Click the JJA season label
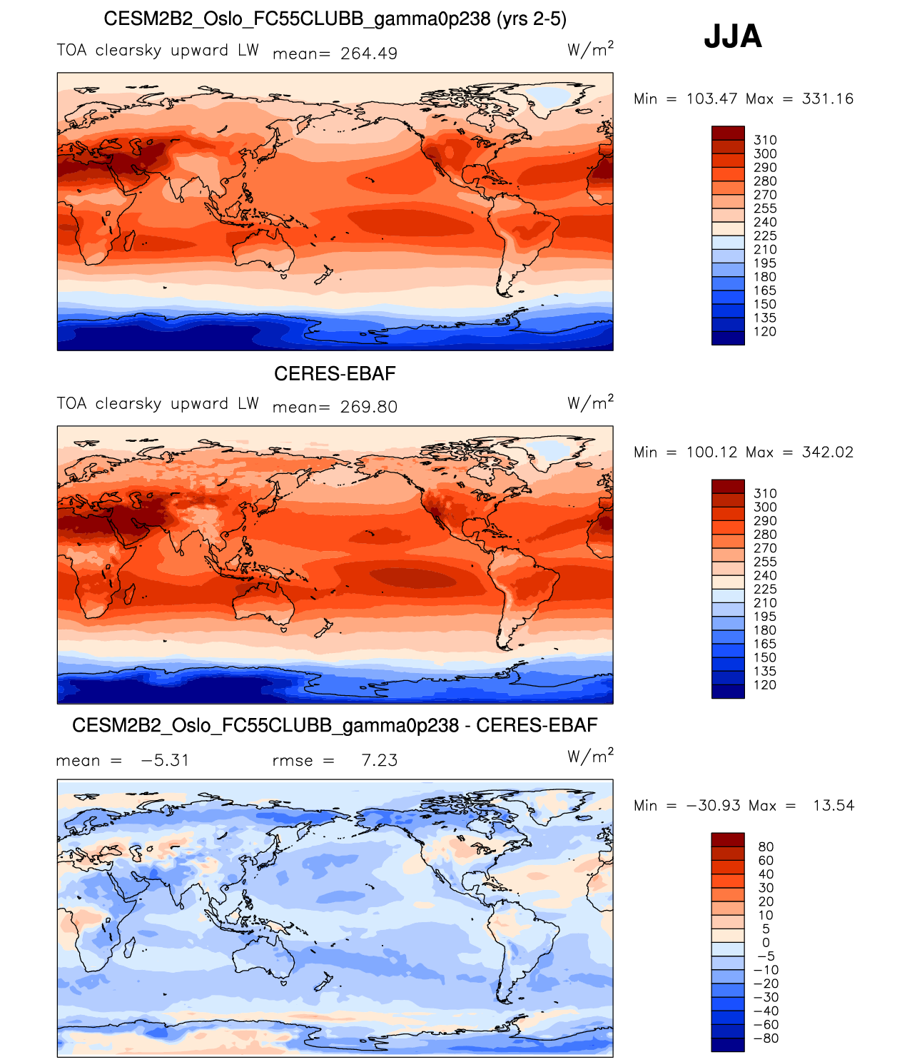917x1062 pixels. click(x=733, y=36)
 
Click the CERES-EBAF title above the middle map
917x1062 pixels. click(x=335, y=373)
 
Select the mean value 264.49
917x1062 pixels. click(x=369, y=54)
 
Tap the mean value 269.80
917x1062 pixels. click(x=369, y=407)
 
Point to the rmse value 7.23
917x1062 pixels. click(x=379, y=760)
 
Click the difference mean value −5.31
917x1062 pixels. click(x=165, y=760)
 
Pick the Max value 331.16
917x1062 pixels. click(x=828, y=98)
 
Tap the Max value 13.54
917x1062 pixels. click(x=834, y=805)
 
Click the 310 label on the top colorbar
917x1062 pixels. click(x=765, y=140)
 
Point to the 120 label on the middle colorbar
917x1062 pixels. click(x=765, y=685)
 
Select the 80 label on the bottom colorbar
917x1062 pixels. click(x=766, y=847)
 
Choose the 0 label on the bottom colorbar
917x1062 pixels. click(x=766, y=943)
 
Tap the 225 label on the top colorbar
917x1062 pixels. click(x=765, y=236)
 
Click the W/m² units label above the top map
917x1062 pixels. click(x=590, y=49)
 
